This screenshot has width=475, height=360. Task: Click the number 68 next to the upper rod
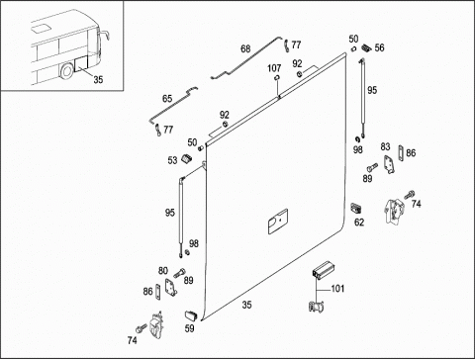245,48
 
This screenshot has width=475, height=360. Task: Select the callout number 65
167,99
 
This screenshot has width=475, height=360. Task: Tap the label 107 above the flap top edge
274,68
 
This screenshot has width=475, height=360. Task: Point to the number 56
379,47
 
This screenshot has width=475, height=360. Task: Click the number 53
172,160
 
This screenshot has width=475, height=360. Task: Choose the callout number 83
385,146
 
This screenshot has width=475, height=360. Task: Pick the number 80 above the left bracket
163,271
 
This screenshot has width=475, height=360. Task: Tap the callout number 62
359,223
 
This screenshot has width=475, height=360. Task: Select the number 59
189,328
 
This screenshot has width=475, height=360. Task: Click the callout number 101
337,289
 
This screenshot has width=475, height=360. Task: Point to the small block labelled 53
187,158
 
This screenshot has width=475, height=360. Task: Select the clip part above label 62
356,209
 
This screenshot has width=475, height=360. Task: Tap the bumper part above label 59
191,315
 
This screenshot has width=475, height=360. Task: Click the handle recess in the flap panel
278,222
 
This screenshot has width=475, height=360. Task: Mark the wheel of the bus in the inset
67,71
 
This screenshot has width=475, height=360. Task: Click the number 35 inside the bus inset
98,79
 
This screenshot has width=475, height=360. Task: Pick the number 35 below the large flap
246,305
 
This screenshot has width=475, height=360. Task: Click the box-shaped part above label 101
323,270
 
